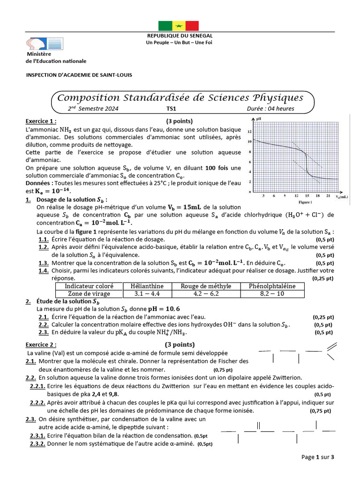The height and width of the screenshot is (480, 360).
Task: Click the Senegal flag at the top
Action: pyautogui.click(x=179, y=26)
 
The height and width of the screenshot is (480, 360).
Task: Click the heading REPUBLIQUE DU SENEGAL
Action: pyautogui.click(x=180, y=36)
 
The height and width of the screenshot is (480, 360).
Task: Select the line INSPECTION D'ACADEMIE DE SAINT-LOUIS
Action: pyautogui.click(x=79, y=75)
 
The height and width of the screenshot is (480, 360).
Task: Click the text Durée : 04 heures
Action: pyautogui.click(x=277, y=109)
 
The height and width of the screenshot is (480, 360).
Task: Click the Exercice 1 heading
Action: pyautogui.click(x=41, y=120)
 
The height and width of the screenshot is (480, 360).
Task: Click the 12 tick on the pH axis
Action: pyautogui.click(x=250, y=132)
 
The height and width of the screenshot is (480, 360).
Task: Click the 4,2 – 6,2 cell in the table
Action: pyautogui.click(x=203, y=293)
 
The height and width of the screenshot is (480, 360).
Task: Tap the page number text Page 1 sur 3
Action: pyautogui.click(x=317, y=457)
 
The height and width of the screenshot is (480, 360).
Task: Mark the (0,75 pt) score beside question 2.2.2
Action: pyautogui.click(x=321, y=411)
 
